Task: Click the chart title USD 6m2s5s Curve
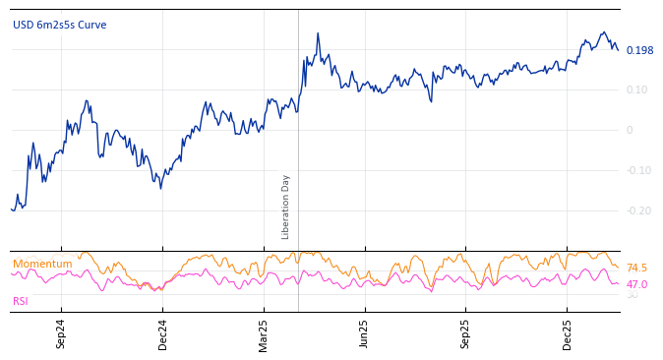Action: coord(59,25)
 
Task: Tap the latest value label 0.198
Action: coord(639,50)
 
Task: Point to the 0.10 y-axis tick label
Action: coord(637,90)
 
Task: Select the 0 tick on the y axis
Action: coord(630,130)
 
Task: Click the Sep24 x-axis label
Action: coord(61,333)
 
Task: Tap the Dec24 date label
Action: coord(163,333)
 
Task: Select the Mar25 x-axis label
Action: coord(264,333)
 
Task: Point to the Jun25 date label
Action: coord(364,333)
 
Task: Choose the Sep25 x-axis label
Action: coord(466,333)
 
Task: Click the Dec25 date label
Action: coord(568,333)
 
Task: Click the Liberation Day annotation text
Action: coord(286,207)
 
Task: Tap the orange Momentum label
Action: coord(42,264)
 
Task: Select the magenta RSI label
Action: coord(21,301)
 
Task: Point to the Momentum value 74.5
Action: coord(636,268)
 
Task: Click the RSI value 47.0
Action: coord(636,284)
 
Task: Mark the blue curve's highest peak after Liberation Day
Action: coord(318,33)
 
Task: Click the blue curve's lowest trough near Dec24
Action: coord(160,188)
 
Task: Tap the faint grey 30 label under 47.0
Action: coord(632,295)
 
